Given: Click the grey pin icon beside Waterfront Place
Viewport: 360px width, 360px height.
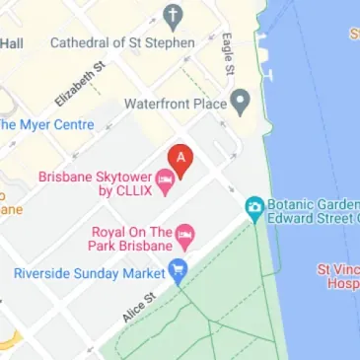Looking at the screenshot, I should click(240, 103).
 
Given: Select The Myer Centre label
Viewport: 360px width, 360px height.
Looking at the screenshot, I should click(47, 124).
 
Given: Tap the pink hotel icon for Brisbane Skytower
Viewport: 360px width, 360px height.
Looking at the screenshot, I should click(167, 179).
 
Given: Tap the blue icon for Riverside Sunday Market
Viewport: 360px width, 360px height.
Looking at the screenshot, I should click(179, 270).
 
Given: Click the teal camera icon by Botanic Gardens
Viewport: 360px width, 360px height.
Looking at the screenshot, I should click(254, 206).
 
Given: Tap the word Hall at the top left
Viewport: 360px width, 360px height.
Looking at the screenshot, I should click(13, 43).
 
